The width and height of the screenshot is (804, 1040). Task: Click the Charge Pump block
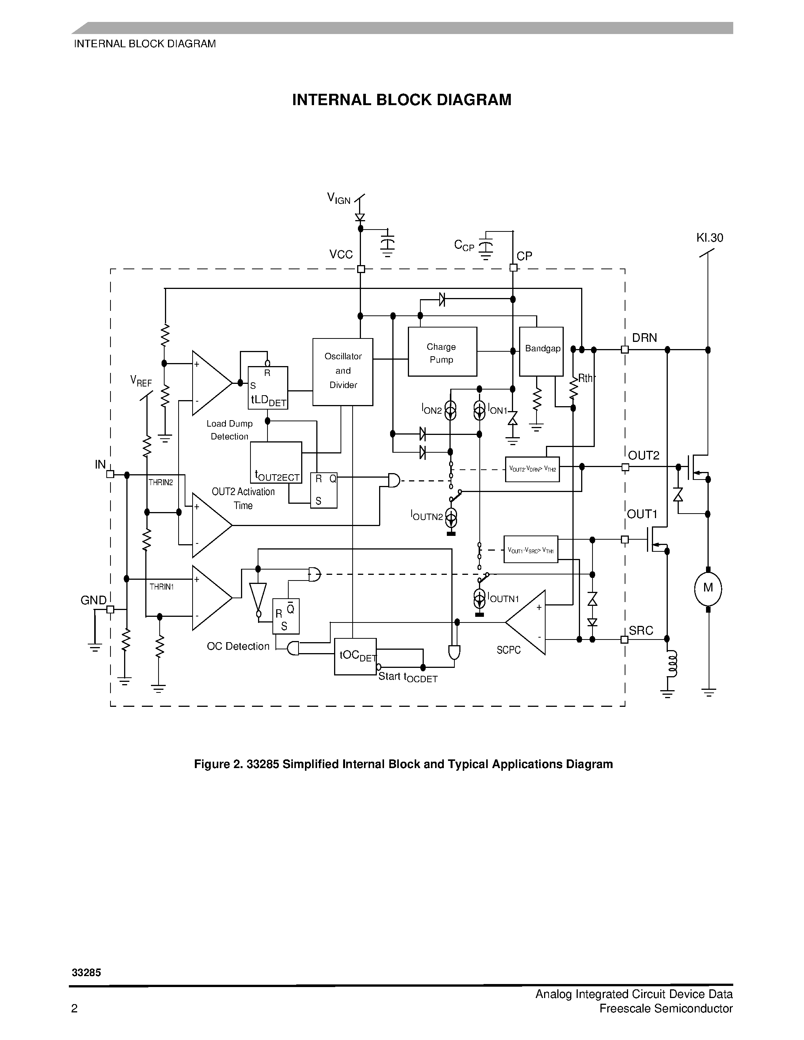pyautogui.click(x=442, y=352)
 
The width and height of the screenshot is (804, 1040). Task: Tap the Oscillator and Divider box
pyautogui.click(x=342, y=371)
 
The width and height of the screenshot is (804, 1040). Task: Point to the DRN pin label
pyautogui.click(x=644, y=338)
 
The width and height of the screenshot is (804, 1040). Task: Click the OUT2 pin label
pyautogui.click(x=644, y=456)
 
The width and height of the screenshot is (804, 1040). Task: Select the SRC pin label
pyautogui.click(x=641, y=631)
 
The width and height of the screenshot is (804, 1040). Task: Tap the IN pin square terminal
pyautogui.click(x=110, y=474)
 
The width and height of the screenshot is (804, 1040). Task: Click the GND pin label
pyautogui.click(x=93, y=601)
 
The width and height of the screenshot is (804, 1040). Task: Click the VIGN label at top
pyautogui.click(x=339, y=198)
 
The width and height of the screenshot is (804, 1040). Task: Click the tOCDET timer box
pyautogui.click(x=355, y=657)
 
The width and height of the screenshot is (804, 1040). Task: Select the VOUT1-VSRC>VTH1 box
pyautogui.click(x=530, y=550)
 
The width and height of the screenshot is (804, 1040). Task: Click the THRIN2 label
pyautogui.click(x=160, y=483)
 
